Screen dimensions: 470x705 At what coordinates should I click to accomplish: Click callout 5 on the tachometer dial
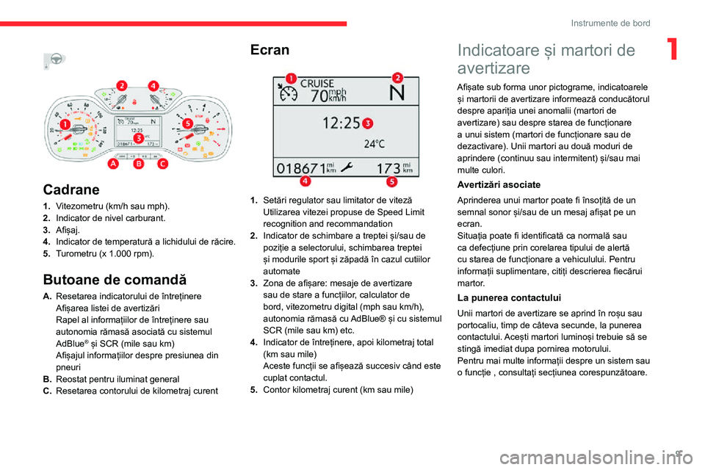(x=187, y=123)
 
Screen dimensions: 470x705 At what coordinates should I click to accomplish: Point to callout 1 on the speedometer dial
(x=65, y=125)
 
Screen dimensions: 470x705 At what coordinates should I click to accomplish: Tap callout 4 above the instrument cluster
(x=153, y=86)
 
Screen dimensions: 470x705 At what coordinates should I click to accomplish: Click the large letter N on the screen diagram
(x=397, y=94)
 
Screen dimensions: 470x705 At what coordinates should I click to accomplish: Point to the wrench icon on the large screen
(x=346, y=168)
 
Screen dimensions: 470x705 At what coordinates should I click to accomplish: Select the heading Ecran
(x=270, y=50)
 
